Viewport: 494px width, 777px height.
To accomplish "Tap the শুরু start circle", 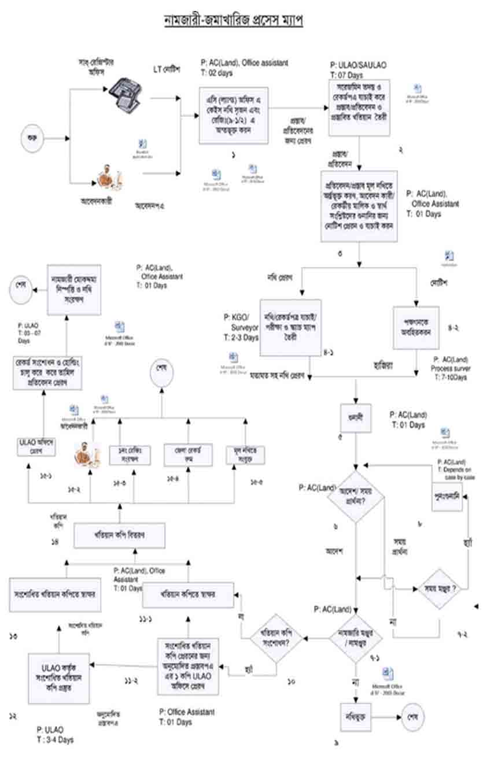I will tap(28, 138).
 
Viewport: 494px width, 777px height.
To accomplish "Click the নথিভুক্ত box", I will tap(354, 716).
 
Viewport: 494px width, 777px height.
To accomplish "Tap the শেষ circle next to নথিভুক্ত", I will tap(413, 717).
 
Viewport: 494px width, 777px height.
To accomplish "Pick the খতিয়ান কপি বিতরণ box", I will tap(120, 535).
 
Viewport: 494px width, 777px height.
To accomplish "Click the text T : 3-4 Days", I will tap(55, 739).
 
